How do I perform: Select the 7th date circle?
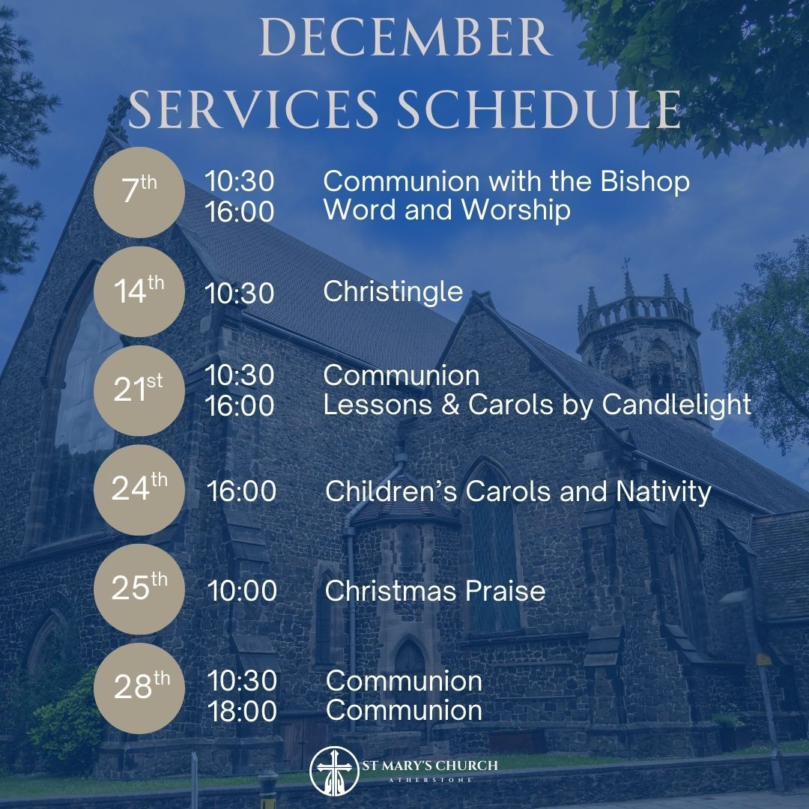pos(139,194)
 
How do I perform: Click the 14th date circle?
pos(139,291)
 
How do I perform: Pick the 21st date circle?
pos(139,390)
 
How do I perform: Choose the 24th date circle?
pos(139,490)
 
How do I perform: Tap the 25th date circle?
pos(139,589)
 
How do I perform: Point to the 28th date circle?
pos(139,687)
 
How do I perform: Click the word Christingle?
pos(393,291)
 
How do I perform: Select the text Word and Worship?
pos(446,210)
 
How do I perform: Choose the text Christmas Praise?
pos(434,591)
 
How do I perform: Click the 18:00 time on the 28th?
pos(242,711)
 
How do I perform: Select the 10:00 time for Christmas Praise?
pos(242,591)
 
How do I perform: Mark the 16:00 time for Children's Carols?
pos(242,491)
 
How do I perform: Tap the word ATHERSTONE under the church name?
pos(439,780)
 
